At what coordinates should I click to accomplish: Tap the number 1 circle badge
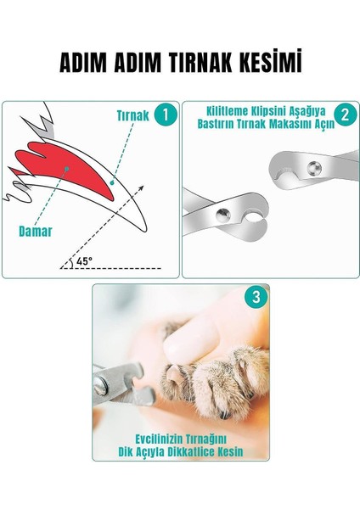(166, 115)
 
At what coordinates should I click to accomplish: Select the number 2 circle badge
(345, 115)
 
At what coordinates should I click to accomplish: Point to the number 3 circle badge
(256, 297)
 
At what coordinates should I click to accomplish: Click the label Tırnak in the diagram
(133, 115)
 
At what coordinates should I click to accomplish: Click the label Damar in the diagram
(36, 232)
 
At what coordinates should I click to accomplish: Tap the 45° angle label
(84, 261)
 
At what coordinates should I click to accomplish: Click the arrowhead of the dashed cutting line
(141, 188)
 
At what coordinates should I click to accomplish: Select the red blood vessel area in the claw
(65, 167)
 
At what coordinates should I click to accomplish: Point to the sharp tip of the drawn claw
(145, 230)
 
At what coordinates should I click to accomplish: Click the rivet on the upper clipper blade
(314, 168)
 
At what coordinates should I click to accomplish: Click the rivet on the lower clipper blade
(223, 215)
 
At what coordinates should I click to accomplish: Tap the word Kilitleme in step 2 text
(227, 111)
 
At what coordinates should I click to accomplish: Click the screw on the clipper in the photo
(100, 385)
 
